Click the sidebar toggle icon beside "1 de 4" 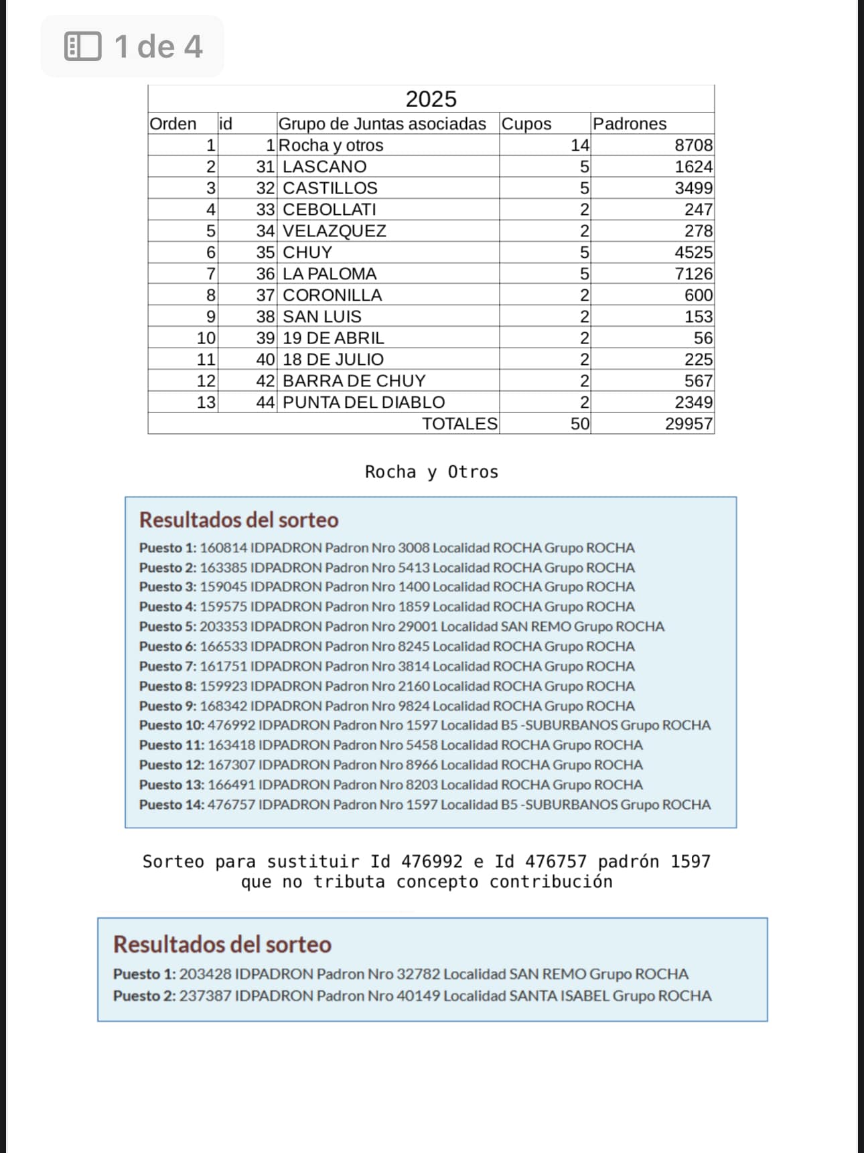83,46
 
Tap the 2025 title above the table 431,99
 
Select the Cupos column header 526,124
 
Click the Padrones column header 630,124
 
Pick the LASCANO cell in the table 325,167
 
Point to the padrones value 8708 693,145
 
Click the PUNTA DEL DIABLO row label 364,402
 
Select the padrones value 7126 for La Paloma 693,274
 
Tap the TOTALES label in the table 459,424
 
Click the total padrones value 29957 689,424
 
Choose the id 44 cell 265,402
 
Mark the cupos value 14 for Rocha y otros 579,145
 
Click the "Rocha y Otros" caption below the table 431,472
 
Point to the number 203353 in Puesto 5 223,627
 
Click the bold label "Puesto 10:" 171,725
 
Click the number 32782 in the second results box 418,974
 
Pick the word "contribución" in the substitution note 551,882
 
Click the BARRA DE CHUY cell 354,381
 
